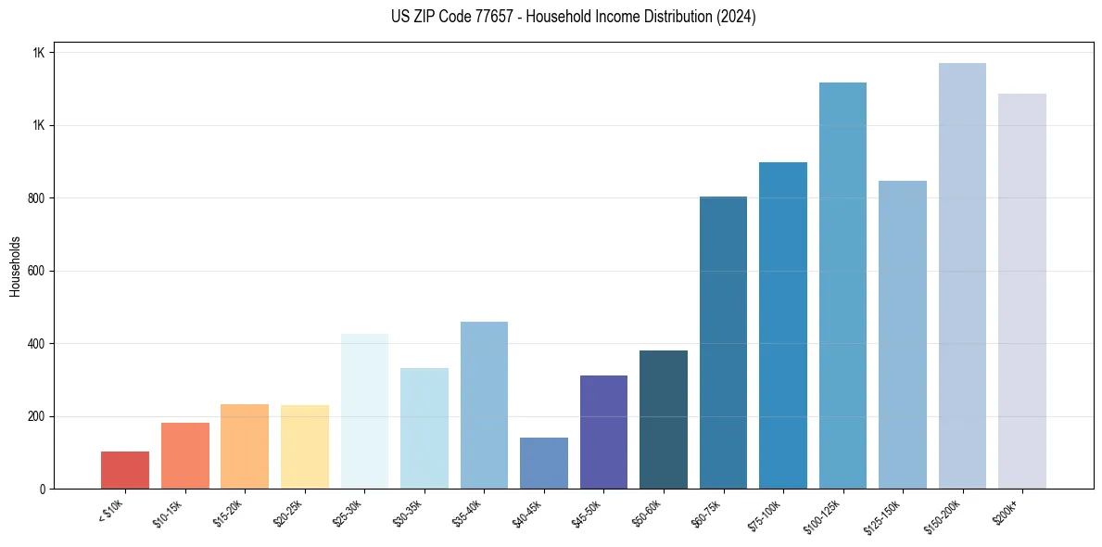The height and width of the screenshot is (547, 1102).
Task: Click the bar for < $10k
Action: [125, 470]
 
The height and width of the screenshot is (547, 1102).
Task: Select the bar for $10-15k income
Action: [184, 455]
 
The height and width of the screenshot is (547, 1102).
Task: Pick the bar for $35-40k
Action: [484, 405]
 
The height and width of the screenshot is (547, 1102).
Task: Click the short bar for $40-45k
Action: [543, 463]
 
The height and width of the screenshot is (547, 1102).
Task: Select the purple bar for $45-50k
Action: [603, 432]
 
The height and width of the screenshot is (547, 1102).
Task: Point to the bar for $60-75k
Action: [723, 342]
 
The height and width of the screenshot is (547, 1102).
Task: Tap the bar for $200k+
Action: [1021, 291]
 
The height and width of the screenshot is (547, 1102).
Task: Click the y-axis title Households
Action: [16, 266]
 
